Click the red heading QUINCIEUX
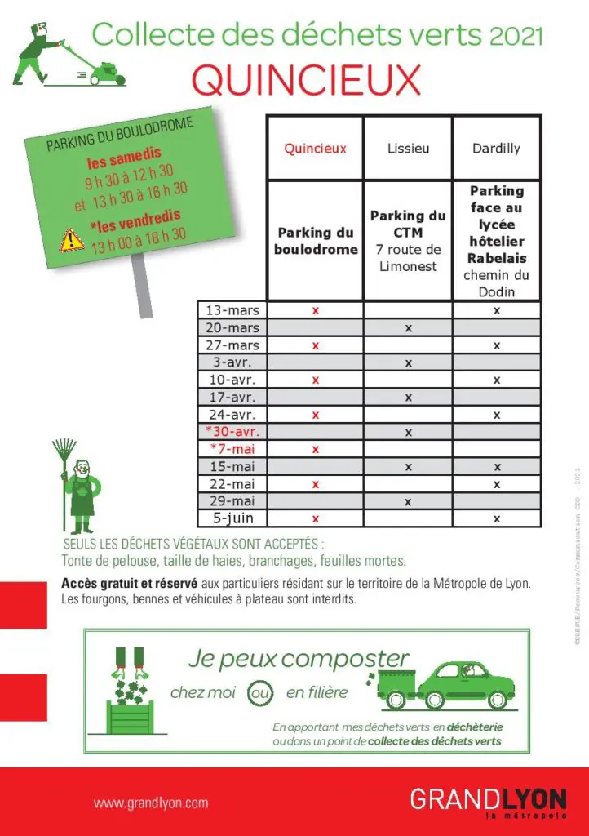point(306,80)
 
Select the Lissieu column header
point(408,149)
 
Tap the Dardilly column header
point(496,149)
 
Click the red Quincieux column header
point(315,149)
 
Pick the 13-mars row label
point(232,310)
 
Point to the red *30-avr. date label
point(232,432)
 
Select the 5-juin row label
point(232,518)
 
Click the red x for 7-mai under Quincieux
point(315,449)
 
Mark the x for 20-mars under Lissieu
point(408,328)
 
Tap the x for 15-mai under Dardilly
point(496,467)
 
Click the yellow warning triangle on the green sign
point(73,239)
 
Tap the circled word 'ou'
point(260,693)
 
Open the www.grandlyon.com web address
point(151,803)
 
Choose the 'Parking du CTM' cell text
point(408,225)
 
